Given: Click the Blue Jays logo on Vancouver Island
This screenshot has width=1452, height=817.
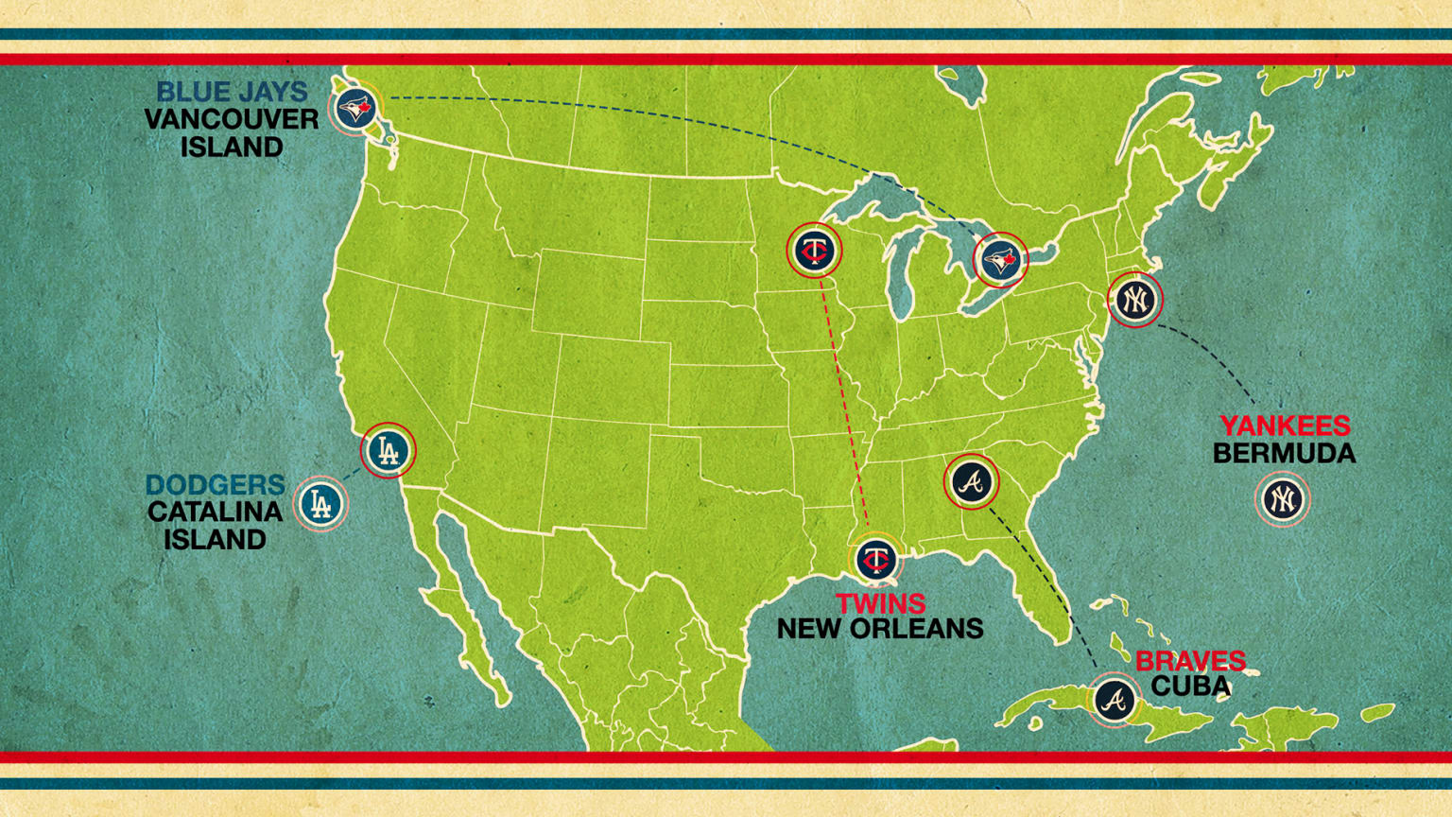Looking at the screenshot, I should coord(355,109).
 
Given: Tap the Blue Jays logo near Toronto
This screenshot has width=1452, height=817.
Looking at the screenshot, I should coord(1000,259).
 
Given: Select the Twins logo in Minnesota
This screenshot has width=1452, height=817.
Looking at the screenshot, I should coord(814,251).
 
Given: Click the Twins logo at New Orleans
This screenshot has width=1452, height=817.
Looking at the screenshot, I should coord(876,560).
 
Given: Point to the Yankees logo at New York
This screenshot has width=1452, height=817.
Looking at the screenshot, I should coord(1134,300).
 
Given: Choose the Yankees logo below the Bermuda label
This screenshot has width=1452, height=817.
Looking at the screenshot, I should coord(1282,498).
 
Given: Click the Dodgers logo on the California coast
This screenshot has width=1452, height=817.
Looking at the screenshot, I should coord(388,450).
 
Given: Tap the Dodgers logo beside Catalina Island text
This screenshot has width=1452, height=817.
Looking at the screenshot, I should coord(321,504).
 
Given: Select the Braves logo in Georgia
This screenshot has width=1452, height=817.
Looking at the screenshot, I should coord(972,482).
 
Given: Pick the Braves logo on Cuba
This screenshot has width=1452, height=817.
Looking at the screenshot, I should coord(1115,700).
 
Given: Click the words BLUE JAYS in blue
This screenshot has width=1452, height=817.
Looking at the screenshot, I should coord(232,92).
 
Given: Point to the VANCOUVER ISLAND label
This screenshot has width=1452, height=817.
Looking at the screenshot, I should coord(232,133).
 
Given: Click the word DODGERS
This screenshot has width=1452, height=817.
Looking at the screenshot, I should coord(215,484).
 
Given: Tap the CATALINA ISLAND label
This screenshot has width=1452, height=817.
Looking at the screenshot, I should coord(215,526).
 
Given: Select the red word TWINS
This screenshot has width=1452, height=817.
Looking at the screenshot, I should coord(880,603).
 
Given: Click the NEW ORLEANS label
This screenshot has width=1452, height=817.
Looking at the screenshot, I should coord(880,629).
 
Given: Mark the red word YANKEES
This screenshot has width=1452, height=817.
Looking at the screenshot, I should coord(1284,426).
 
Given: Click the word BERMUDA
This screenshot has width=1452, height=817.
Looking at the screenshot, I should coord(1284,454).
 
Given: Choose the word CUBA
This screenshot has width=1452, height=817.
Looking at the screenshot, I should coord(1190,687).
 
